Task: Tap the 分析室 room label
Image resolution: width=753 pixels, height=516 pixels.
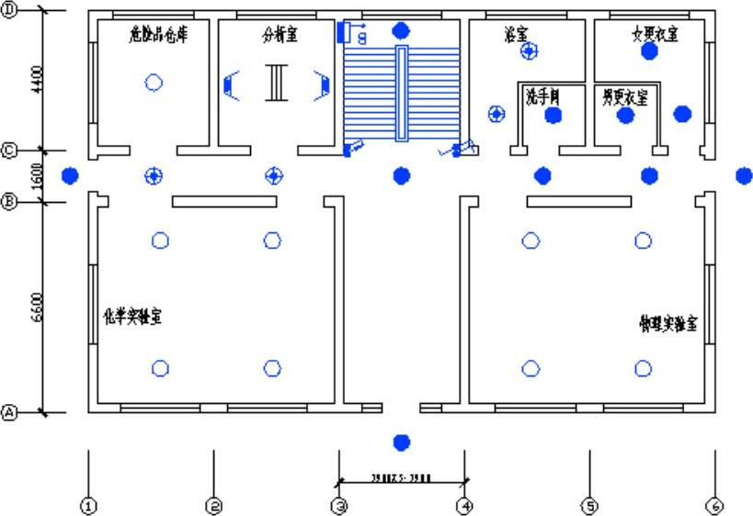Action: pyautogui.click(x=280, y=35)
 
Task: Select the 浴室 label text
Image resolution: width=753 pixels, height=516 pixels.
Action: pyautogui.click(x=516, y=34)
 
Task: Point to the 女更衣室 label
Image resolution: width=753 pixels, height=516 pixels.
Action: pyautogui.click(x=655, y=34)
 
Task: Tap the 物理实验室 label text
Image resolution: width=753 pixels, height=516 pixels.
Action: pyautogui.click(x=668, y=324)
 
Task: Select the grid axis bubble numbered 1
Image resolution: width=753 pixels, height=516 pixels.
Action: pyautogui.click(x=88, y=505)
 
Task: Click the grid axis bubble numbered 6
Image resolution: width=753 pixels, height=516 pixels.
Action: pyautogui.click(x=714, y=505)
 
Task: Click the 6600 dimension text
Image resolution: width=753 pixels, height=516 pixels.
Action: pyautogui.click(x=36, y=308)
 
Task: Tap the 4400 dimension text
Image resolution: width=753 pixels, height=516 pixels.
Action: pyautogui.click(x=36, y=81)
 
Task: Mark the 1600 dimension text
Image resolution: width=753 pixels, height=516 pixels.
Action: pyautogui.click(x=36, y=174)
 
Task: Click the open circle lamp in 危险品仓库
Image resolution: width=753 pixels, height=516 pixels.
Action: pyautogui.click(x=154, y=83)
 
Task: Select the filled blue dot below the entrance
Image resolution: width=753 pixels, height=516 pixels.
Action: pyautogui.click(x=401, y=443)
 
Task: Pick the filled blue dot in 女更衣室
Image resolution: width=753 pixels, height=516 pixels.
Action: pyautogui.click(x=650, y=51)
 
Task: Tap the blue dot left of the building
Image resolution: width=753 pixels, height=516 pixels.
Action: pyautogui.click(x=70, y=175)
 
